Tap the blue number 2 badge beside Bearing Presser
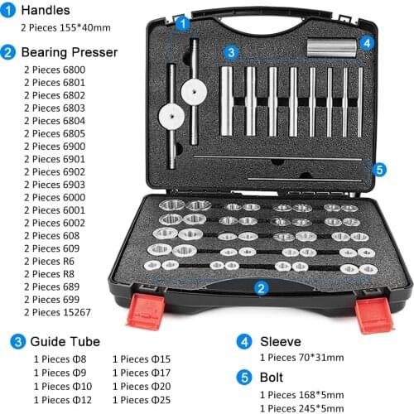(7, 52)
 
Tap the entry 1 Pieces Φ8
(60, 359)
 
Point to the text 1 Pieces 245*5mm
(302, 407)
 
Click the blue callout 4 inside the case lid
(367, 43)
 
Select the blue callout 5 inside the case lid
(379, 169)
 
